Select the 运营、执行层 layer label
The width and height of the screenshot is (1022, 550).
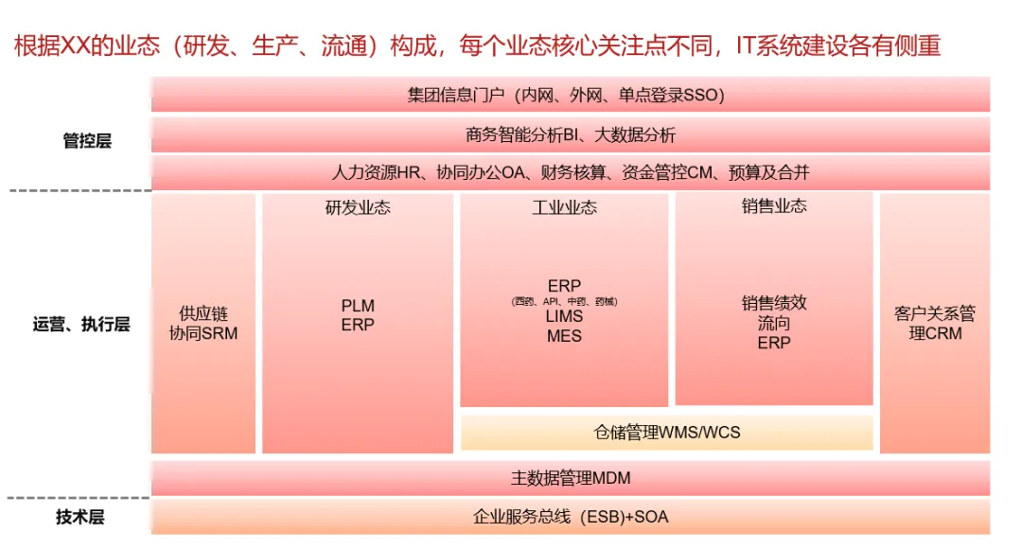coord(80,324)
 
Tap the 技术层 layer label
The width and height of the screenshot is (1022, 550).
coord(80,517)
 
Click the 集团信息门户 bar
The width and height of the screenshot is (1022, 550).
coord(570,95)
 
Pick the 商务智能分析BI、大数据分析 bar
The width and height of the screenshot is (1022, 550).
coord(570,134)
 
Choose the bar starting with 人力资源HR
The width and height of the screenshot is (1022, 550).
coord(570,173)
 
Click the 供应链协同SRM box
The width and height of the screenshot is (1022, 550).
coord(203,324)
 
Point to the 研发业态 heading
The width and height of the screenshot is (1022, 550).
coord(358,207)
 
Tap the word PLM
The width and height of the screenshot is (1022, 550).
coord(358,306)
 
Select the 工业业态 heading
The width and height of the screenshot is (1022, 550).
coord(564,207)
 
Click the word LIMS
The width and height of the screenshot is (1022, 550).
coord(564,318)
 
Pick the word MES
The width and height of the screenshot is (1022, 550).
coord(564,336)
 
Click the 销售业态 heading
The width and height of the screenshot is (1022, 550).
coord(774,206)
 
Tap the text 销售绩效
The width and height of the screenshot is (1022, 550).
coord(774,303)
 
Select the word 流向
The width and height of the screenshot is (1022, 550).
coord(774,323)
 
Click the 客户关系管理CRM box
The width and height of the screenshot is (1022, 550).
coord(934,324)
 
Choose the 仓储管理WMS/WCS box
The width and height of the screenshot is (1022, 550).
coord(666,433)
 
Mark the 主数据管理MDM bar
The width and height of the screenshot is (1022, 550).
coord(570,478)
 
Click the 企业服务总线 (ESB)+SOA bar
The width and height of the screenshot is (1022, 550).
coord(570,517)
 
